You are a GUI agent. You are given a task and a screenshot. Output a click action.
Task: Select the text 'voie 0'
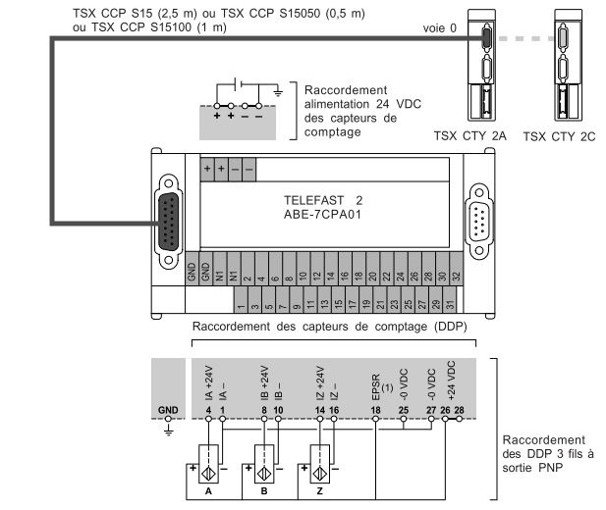tap(440, 28)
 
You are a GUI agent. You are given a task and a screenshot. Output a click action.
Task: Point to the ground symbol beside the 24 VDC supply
tap(279, 92)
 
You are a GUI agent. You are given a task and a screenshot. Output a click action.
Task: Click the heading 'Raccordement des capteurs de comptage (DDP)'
tap(328, 327)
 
